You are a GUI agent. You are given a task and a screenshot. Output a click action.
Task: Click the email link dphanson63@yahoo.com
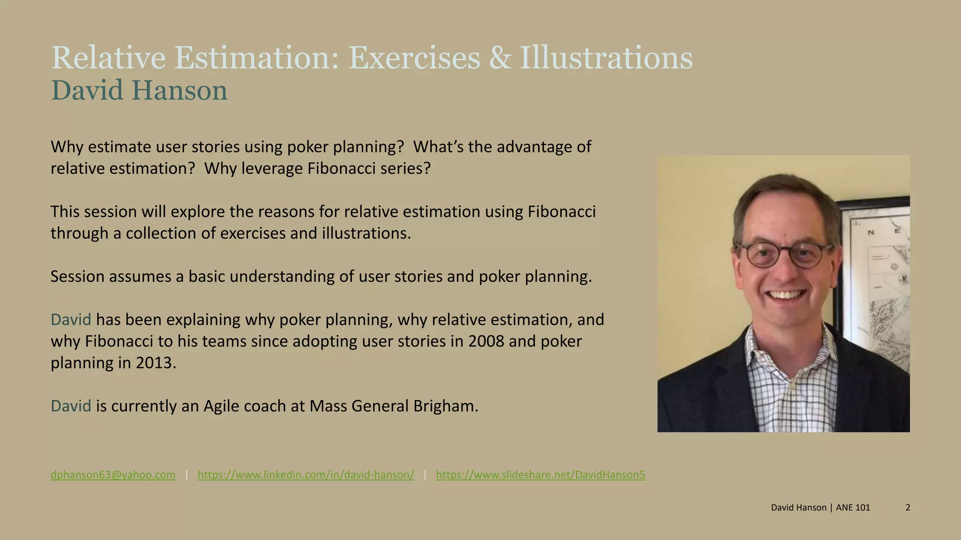click(113, 475)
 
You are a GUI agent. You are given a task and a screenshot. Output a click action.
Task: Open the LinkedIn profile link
click(305, 475)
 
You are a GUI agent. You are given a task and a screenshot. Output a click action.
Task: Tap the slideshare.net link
click(540, 475)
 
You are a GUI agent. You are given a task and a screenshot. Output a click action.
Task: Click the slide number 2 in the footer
click(908, 508)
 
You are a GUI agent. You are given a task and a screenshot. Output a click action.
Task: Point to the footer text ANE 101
click(853, 508)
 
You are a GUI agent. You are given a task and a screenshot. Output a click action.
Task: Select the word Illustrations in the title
click(606, 59)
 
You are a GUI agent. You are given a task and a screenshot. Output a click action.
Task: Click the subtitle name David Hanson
click(139, 90)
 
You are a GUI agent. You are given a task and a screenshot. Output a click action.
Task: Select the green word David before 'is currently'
click(71, 406)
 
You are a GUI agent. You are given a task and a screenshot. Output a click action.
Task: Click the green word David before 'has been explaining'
click(71, 320)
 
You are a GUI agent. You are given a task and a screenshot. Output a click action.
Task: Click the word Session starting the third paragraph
click(77, 277)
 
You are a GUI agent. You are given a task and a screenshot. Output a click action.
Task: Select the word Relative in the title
click(108, 59)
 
